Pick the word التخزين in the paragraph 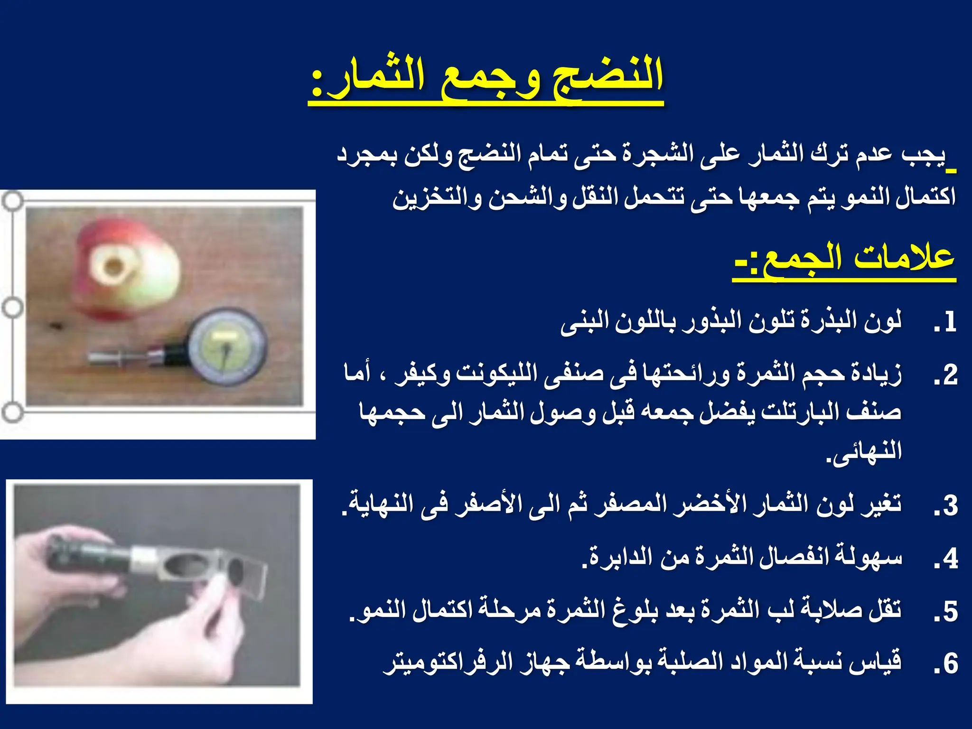434,197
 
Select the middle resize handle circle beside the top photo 12,308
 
